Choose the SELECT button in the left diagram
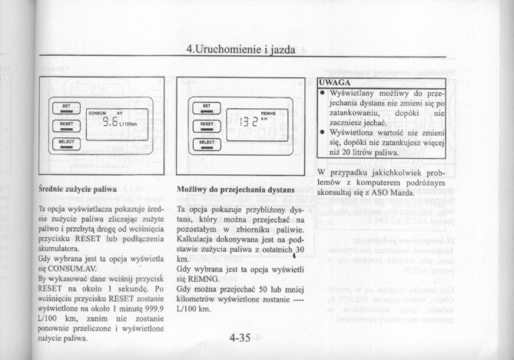click(x=66, y=141)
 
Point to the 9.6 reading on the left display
click(x=111, y=121)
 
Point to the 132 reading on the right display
click(x=248, y=121)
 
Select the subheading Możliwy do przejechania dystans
click(x=235, y=187)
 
